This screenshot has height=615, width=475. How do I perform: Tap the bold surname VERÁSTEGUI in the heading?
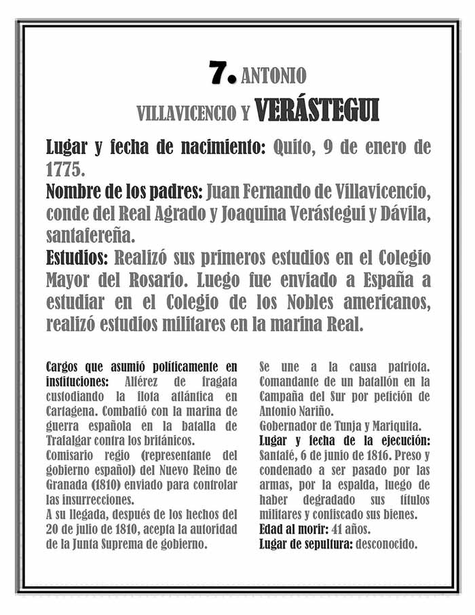point(316,111)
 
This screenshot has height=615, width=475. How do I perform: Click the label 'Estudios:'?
point(77,259)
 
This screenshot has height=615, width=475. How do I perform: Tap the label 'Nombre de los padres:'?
point(123,191)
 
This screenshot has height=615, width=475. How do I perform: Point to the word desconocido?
point(389,543)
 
